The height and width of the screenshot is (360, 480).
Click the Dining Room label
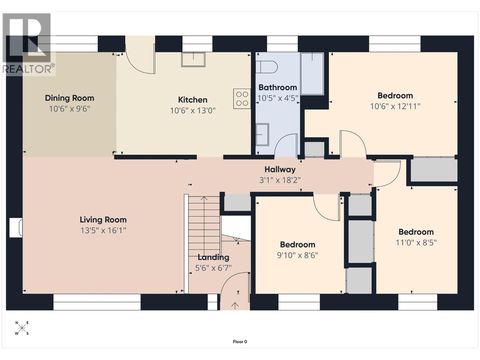pos(69,98)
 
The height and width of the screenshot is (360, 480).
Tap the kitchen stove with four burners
pos(242,99)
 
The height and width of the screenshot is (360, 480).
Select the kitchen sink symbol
pos(193,59)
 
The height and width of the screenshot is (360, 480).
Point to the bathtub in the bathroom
pos(312,74)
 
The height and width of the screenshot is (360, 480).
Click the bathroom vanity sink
pos(262,134)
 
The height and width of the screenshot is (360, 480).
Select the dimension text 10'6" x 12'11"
pos(395,106)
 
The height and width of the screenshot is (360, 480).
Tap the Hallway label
pos(280,169)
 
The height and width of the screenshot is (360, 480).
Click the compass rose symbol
pos(22,328)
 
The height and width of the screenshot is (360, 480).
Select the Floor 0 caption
pos(240,341)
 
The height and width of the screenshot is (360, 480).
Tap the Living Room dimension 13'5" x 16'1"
pos(103,230)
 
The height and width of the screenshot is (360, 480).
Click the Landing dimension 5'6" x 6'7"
pos(213,268)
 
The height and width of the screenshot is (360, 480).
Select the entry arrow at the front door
pos(235,305)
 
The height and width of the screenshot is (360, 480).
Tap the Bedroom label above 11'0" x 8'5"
pos(416,232)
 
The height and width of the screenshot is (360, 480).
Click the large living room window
pos(97,302)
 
